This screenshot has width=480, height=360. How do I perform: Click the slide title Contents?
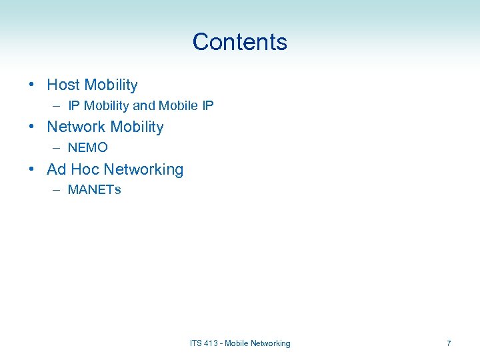click(x=239, y=42)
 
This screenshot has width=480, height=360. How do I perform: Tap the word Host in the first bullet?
click(x=63, y=85)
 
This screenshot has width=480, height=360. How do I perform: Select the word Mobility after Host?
click(x=111, y=85)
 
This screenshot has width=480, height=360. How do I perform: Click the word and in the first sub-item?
click(x=144, y=105)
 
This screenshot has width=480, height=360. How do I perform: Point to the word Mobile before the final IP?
click(x=177, y=105)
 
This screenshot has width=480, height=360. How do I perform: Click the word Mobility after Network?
click(x=137, y=127)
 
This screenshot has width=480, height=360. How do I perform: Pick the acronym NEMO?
click(x=87, y=147)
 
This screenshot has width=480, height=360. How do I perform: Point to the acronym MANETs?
click(x=95, y=190)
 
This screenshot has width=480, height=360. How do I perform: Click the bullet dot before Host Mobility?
click(x=32, y=85)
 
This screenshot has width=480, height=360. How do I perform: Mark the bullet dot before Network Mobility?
click(x=32, y=127)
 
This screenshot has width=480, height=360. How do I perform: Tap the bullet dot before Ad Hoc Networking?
click(x=32, y=169)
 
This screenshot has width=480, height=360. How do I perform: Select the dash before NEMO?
click(x=57, y=148)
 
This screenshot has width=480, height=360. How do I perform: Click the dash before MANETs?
click(x=57, y=190)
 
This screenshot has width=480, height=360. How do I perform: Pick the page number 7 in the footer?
click(x=449, y=343)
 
